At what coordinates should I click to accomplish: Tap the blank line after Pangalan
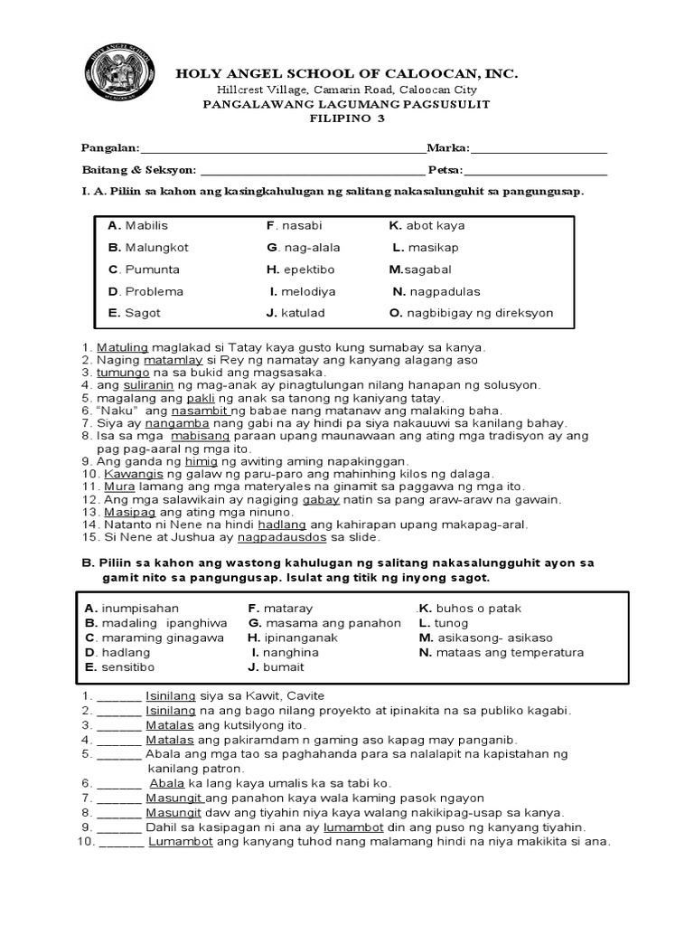tap(282, 148)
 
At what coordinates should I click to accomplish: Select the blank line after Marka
tap(539, 148)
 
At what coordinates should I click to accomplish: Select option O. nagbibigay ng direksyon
tap(471, 313)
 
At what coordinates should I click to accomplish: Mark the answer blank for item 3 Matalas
tap(119, 725)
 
